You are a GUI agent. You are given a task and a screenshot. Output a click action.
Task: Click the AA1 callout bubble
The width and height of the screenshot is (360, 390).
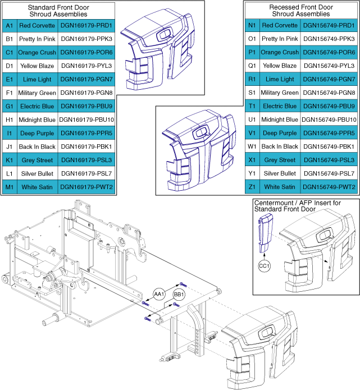tap(159, 293)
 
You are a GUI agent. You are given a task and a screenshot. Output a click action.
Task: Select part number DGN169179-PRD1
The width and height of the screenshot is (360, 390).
tap(86, 26)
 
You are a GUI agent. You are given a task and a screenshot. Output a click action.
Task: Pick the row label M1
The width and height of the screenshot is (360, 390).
tap(9, 187)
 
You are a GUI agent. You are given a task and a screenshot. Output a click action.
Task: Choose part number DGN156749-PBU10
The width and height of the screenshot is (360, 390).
tap(329, 120)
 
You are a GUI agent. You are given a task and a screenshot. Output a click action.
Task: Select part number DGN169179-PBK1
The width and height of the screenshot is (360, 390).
tap(86, 146)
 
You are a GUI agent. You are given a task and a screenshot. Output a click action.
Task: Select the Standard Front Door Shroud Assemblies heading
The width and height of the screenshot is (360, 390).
tap(58, 11)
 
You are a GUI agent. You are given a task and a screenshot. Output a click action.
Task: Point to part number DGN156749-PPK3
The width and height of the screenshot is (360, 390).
tap(329, 39)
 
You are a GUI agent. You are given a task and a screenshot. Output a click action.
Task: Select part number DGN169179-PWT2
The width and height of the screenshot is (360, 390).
tap(86, 187)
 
